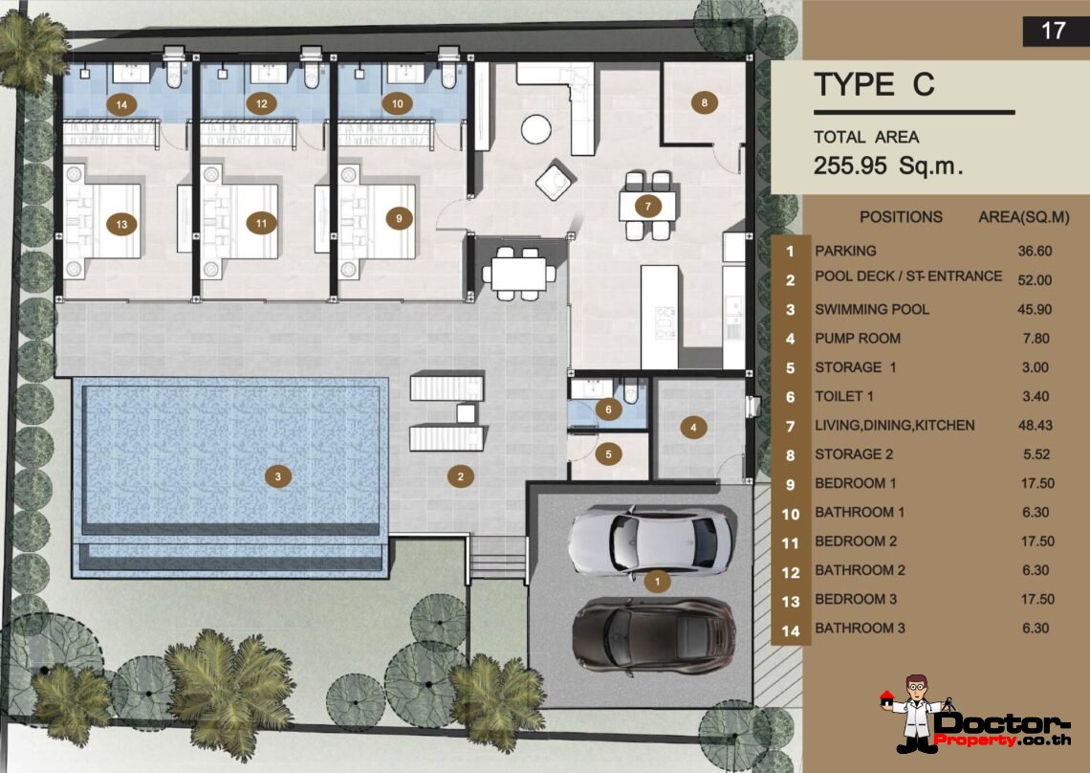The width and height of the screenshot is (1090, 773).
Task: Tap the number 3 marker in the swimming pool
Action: tap(277, 475)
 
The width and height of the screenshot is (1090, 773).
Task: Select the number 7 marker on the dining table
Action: tap(647, 205)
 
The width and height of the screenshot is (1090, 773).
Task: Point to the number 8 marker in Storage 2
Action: tap(704, 102)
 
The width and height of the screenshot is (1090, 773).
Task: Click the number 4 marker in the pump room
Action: tap(692, 427)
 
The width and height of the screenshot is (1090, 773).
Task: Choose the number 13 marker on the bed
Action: tap(120, 224)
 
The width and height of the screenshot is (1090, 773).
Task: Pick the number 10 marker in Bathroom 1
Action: tap(398, 102)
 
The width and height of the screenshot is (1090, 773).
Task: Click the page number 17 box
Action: tap(1052, 31)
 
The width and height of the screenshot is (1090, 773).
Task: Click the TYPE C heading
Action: tap(874, 85)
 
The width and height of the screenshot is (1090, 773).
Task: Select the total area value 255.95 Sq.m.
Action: tap(887, 165)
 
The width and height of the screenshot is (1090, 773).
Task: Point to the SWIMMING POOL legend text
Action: tap(871, 309)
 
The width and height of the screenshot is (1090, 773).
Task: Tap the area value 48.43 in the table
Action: tap(1035, 425)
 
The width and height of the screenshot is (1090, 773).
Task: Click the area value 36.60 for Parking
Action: tap(1035, 251)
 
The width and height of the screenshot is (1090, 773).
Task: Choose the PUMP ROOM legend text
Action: tap(857, 338)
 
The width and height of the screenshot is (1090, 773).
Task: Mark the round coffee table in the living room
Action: tap(536, 128)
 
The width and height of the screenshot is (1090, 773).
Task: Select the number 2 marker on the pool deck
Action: tap(460, 475)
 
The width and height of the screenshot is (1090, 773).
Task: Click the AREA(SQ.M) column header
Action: tap(1023, 217)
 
